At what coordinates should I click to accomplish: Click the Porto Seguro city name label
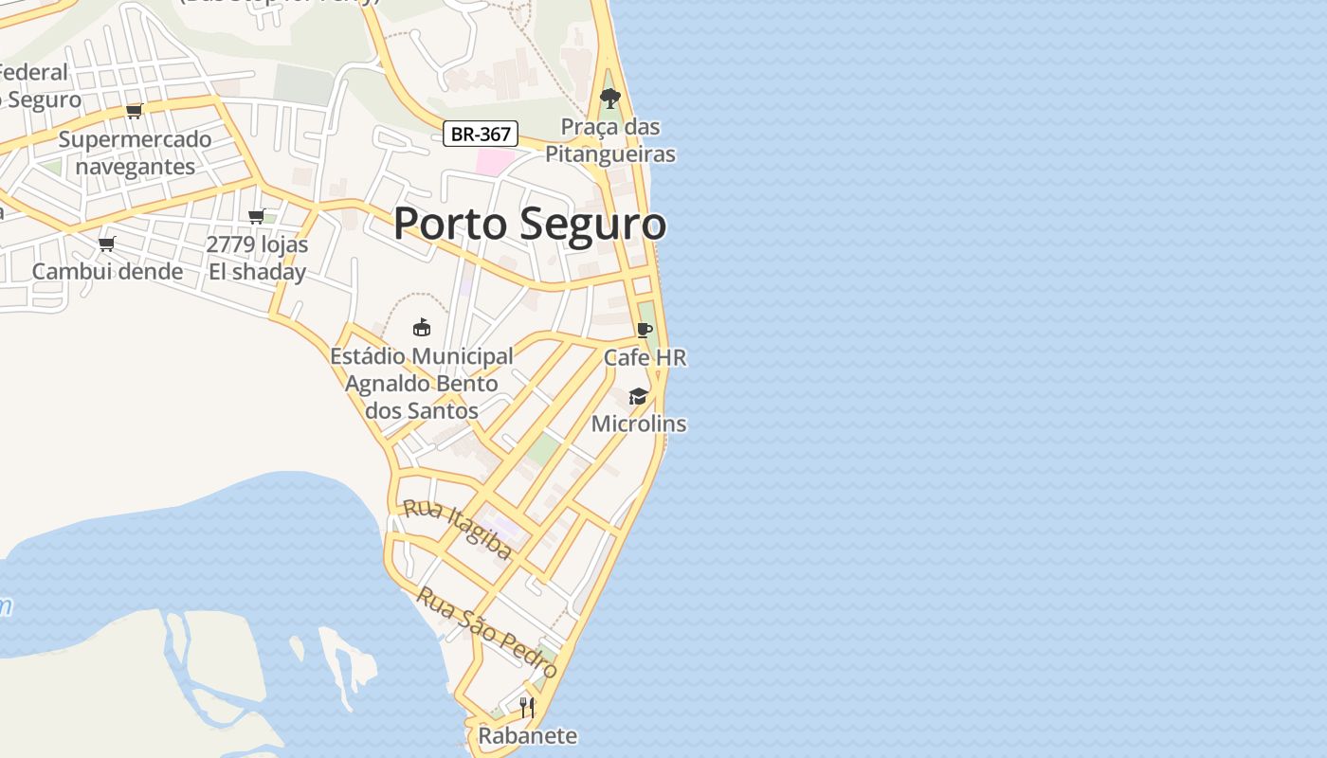coord(529,225)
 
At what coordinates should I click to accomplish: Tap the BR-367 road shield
coord(481,134)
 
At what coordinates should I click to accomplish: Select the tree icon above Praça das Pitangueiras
coord(610,98)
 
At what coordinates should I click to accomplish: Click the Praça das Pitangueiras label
coord(610,140)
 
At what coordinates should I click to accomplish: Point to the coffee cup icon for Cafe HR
coord(645,330)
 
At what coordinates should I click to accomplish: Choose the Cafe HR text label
coord(645,358)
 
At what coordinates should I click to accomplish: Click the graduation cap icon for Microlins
coord(638,396)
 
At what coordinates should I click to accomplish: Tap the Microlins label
coord(638,424)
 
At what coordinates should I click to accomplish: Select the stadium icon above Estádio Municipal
coord(422,328)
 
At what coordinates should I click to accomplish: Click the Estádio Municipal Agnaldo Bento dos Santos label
coord(422,383)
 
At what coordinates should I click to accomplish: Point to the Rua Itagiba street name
coord(458,529)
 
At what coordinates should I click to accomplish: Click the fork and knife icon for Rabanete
coord(527,707)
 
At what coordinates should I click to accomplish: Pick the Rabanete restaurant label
coord(527,735)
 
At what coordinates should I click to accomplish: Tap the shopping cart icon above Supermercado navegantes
coord(135,111)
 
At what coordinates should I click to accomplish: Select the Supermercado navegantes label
coord(135,153)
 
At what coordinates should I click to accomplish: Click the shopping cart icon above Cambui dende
coord(107,244)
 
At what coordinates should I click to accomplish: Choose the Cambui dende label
coord(107,272)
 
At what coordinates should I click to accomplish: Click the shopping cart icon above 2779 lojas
coord(257,216)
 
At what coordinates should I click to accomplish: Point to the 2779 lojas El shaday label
coord(257,258)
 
